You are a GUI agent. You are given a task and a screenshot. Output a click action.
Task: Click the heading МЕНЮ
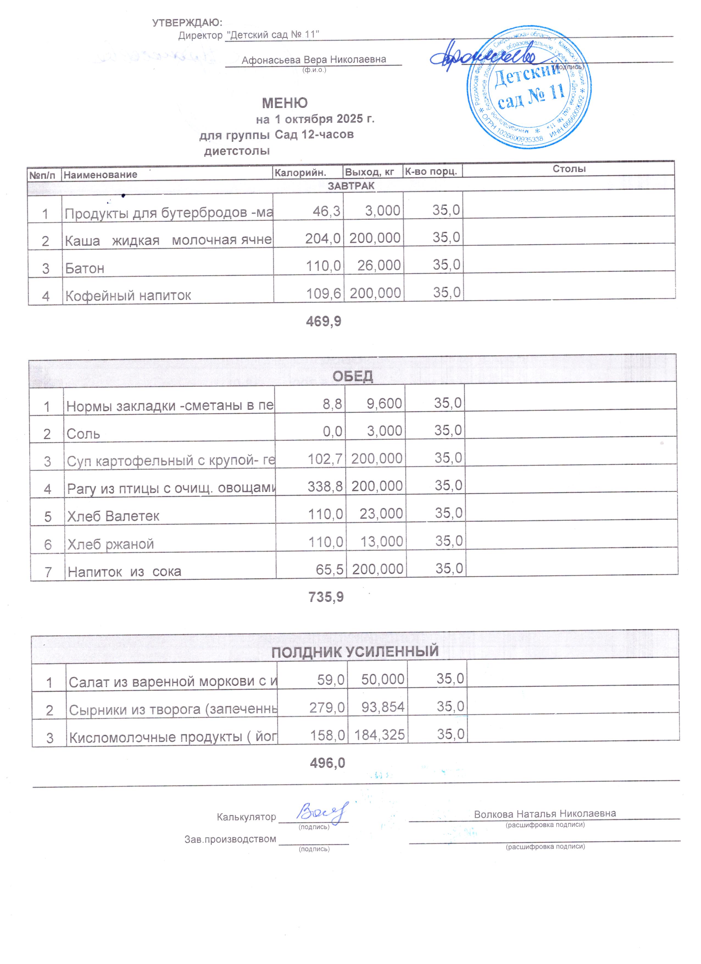click(284, 103)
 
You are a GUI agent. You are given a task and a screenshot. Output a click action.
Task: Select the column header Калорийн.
click(300, 172)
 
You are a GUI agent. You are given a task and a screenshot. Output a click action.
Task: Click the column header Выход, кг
click(369, 172)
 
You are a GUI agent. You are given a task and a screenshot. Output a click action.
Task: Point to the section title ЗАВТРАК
click(351, 186)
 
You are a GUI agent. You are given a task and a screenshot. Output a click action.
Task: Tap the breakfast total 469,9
click(324, 321)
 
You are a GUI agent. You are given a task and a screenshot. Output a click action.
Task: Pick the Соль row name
click(83, 434)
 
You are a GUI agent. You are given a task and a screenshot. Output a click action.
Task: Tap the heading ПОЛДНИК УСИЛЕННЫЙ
click(355, 651)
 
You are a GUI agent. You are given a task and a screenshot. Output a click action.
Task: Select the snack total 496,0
click(327, 763)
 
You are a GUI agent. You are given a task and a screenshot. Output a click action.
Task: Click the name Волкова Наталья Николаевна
click(544, 813)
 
